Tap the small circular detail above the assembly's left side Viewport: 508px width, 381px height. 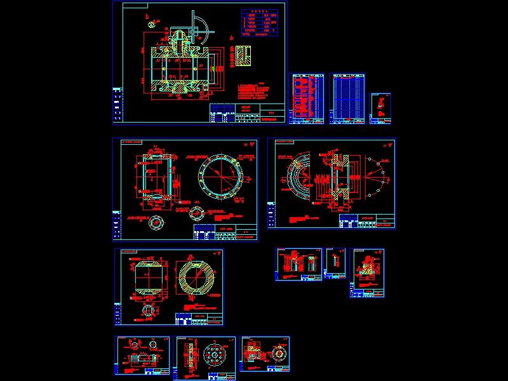(152, 24)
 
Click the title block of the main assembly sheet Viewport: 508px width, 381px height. (248, 114)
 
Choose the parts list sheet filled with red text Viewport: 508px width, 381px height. (307, 98)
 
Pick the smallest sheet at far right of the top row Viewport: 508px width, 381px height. (380, 109)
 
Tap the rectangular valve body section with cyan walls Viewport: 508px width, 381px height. (155, 178)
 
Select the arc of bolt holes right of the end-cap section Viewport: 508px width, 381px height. (378, 178)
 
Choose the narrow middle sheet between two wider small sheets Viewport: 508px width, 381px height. (335, 264)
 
